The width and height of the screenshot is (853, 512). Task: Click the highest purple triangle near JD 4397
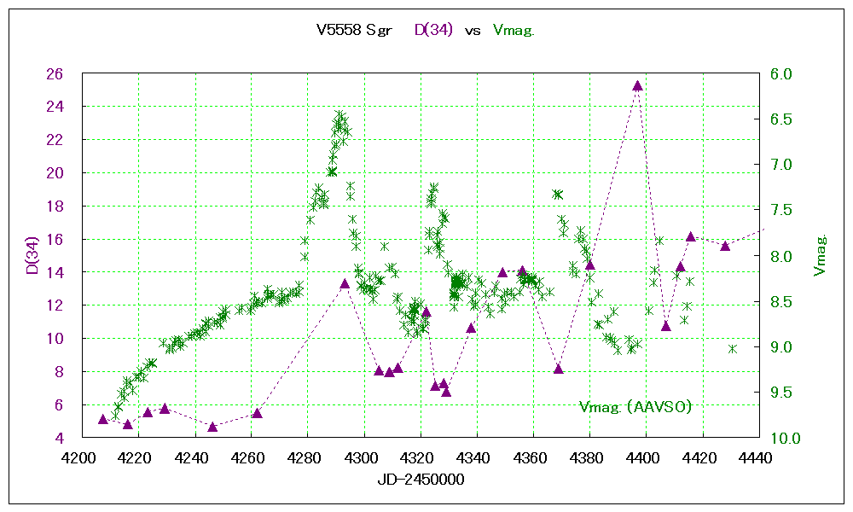(x=637, y=85)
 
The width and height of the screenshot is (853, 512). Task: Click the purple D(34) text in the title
(x=433, y=30)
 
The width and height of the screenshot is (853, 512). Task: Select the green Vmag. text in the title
(x=514, y=30)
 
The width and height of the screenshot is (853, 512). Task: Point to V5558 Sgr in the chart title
(x=354, y=30)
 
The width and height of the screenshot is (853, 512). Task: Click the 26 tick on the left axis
(x=55, y=74)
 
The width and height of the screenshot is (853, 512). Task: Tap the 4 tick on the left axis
(x=59, y=439)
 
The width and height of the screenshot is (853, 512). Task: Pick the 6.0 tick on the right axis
(x=781, y=74)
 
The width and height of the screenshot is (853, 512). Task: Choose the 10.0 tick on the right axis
(x=785, y=439)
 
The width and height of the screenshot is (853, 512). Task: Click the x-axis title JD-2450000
(x=421, y=480)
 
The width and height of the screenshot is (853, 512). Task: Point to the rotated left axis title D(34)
(x=31, y=256)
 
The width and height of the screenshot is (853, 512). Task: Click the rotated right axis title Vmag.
(x=820, y=256)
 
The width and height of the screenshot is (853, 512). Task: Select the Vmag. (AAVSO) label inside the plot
(x=635, y=407)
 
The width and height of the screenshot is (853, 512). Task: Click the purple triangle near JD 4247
(x=212, y=426)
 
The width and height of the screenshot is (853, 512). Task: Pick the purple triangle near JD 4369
(x=559, y=369)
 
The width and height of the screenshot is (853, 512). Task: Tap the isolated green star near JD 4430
(x=732, y=348)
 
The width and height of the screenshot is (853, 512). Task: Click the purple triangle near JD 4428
(x=725, y=246)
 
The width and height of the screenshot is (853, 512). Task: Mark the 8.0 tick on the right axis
(x=781, y=256)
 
